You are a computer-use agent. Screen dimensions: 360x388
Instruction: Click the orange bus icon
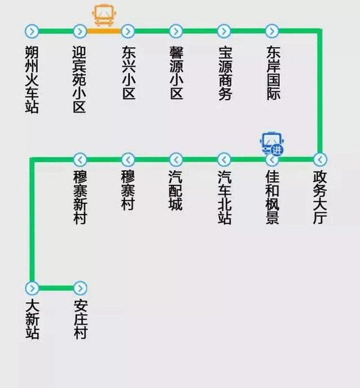coord(104,15)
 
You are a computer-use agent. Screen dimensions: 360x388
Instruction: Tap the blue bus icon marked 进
coord(272,143)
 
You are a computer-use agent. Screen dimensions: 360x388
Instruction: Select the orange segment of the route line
coord(104,31)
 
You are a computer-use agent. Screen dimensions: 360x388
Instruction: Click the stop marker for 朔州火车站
coord(32,31)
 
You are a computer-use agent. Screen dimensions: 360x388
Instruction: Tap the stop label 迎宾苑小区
coord(80,79)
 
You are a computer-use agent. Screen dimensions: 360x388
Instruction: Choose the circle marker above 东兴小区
coord(128,31)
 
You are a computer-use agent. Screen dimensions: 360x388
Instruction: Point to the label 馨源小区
coord(176,72)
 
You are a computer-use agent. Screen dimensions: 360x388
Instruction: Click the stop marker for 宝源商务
coord(224,31)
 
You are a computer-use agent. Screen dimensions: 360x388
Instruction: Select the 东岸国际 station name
coord(274,72)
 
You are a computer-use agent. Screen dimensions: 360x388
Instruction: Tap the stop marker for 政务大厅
coord(320,160)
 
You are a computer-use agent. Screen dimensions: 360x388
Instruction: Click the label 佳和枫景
coord(272,197)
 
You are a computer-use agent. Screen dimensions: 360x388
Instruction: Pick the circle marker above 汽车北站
coord(224,160)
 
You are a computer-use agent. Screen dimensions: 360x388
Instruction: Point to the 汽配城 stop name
coord(176,190)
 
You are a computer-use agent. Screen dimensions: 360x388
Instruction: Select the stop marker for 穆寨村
coord(128,160)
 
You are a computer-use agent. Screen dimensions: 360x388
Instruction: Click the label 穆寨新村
coord(80,197)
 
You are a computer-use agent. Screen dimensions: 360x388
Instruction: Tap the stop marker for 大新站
coord(32,288)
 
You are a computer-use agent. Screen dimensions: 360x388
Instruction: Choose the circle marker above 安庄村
coord(80,288)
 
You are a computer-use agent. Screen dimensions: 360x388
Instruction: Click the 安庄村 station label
coord(81,320)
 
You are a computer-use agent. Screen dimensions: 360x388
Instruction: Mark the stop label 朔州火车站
coord(32,79)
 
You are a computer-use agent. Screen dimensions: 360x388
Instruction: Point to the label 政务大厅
coord(320,197)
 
